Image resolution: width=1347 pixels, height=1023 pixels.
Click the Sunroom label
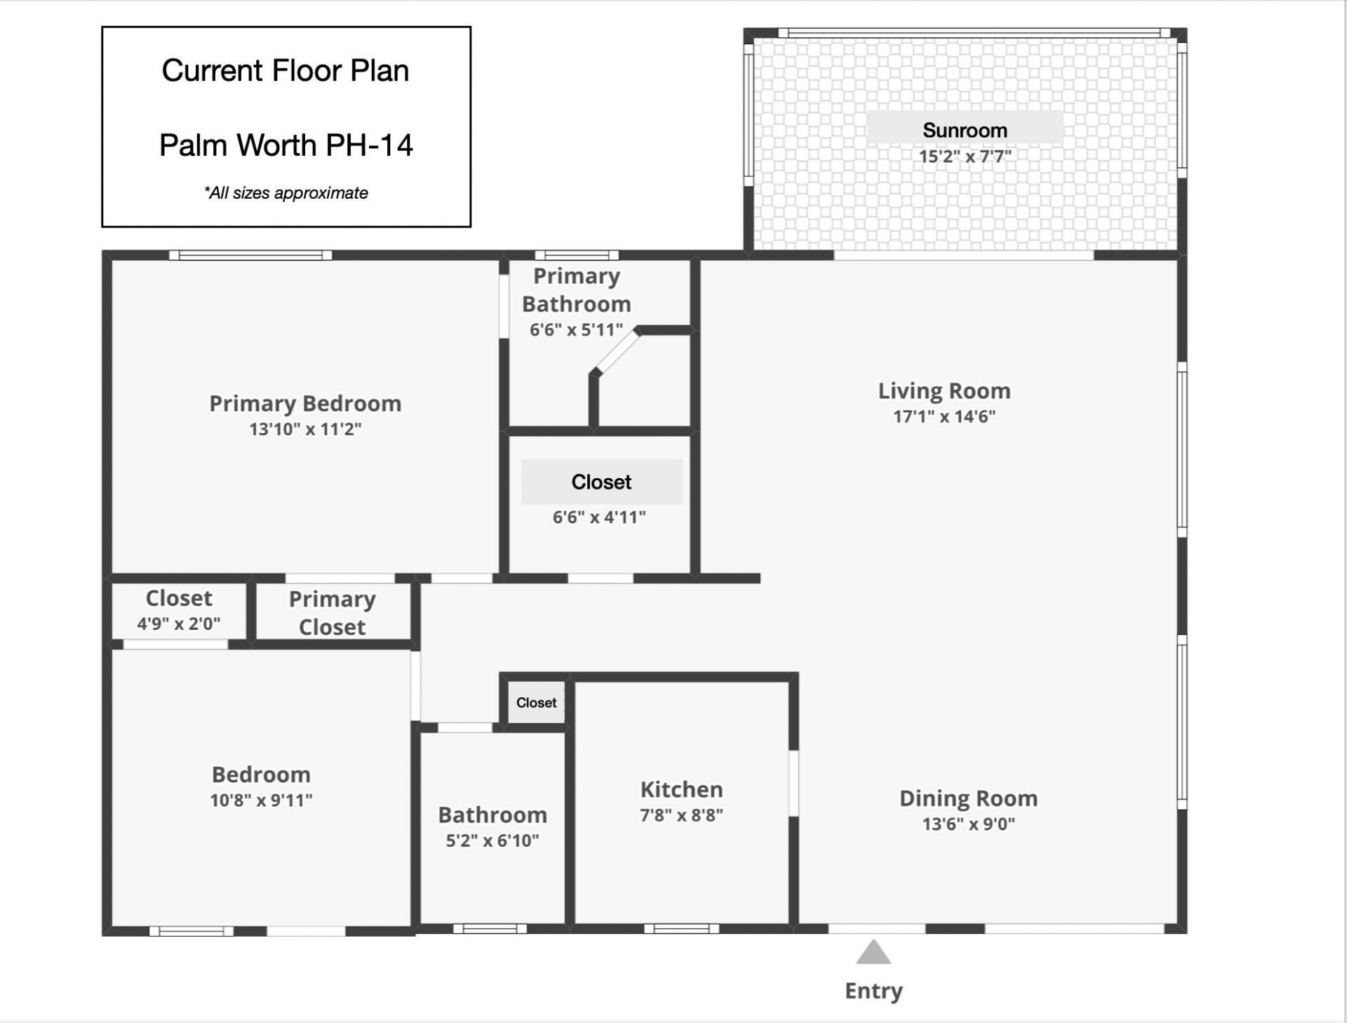[965, 130]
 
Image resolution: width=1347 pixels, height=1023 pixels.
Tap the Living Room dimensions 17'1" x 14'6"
[944, 416]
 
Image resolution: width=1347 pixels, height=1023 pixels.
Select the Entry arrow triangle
[873, 953]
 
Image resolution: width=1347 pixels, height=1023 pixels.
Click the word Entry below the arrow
[873, 991]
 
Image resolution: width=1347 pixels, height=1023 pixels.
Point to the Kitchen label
[681, 789]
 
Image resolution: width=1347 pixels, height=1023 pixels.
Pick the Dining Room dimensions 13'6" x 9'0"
[968, 824]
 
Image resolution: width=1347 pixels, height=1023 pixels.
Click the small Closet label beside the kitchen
[536, 702]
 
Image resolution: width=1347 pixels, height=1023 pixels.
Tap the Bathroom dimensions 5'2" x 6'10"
[492, 840]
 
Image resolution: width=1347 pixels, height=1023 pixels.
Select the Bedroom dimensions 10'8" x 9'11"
[261, 800]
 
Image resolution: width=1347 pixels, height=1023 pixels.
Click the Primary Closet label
[332, 612]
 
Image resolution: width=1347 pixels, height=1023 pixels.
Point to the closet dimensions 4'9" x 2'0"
[179, 623]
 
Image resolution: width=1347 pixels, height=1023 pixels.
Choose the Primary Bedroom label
[305, 403]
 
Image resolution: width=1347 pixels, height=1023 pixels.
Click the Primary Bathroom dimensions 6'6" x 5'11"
[576, 329]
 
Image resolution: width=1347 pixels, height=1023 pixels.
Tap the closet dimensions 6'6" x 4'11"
[599, 517]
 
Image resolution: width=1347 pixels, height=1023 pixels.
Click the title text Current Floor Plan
[286, 70]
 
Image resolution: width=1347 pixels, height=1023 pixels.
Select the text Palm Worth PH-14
[286, 145]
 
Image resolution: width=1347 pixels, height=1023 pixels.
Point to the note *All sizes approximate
[286, 193]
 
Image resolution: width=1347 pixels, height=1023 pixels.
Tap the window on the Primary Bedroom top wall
[250, 255]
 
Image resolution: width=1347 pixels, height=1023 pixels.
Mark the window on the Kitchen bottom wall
[681, 929]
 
